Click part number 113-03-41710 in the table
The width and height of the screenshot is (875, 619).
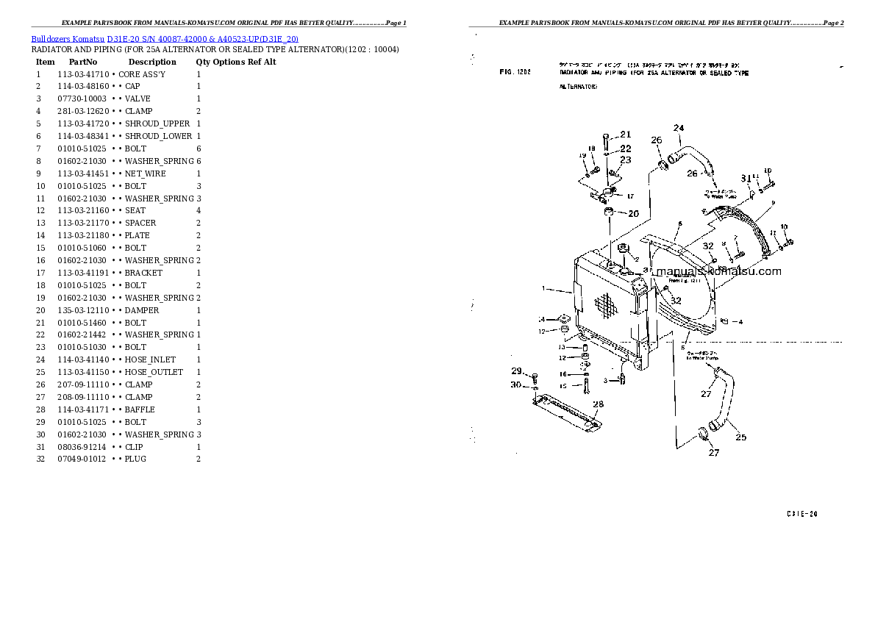click(83, 74)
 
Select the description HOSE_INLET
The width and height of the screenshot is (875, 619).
click(150, 359)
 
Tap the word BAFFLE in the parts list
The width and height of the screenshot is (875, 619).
click(140, 409)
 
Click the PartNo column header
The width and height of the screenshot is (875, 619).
click(83, 62)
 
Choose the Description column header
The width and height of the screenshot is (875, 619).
click(152, 62)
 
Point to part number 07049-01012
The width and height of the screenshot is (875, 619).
click(82, 459)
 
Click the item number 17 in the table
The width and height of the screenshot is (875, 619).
click(41, 273)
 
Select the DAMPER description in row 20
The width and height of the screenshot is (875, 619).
click(142, 310)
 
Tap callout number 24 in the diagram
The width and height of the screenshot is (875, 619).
click(679, 129)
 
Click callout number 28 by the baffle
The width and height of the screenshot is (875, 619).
click(598, 404)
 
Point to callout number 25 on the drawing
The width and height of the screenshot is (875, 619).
click(740, 437)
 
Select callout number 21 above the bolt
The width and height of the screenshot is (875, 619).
click(626, 135)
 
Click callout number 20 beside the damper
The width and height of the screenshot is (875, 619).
click(632, 214)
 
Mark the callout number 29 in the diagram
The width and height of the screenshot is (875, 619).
click(516, 371)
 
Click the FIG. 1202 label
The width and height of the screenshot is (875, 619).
click(515, 73)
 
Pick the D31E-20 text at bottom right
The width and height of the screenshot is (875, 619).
click(801, 514)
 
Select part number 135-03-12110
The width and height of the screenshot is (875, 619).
click(83, 310)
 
